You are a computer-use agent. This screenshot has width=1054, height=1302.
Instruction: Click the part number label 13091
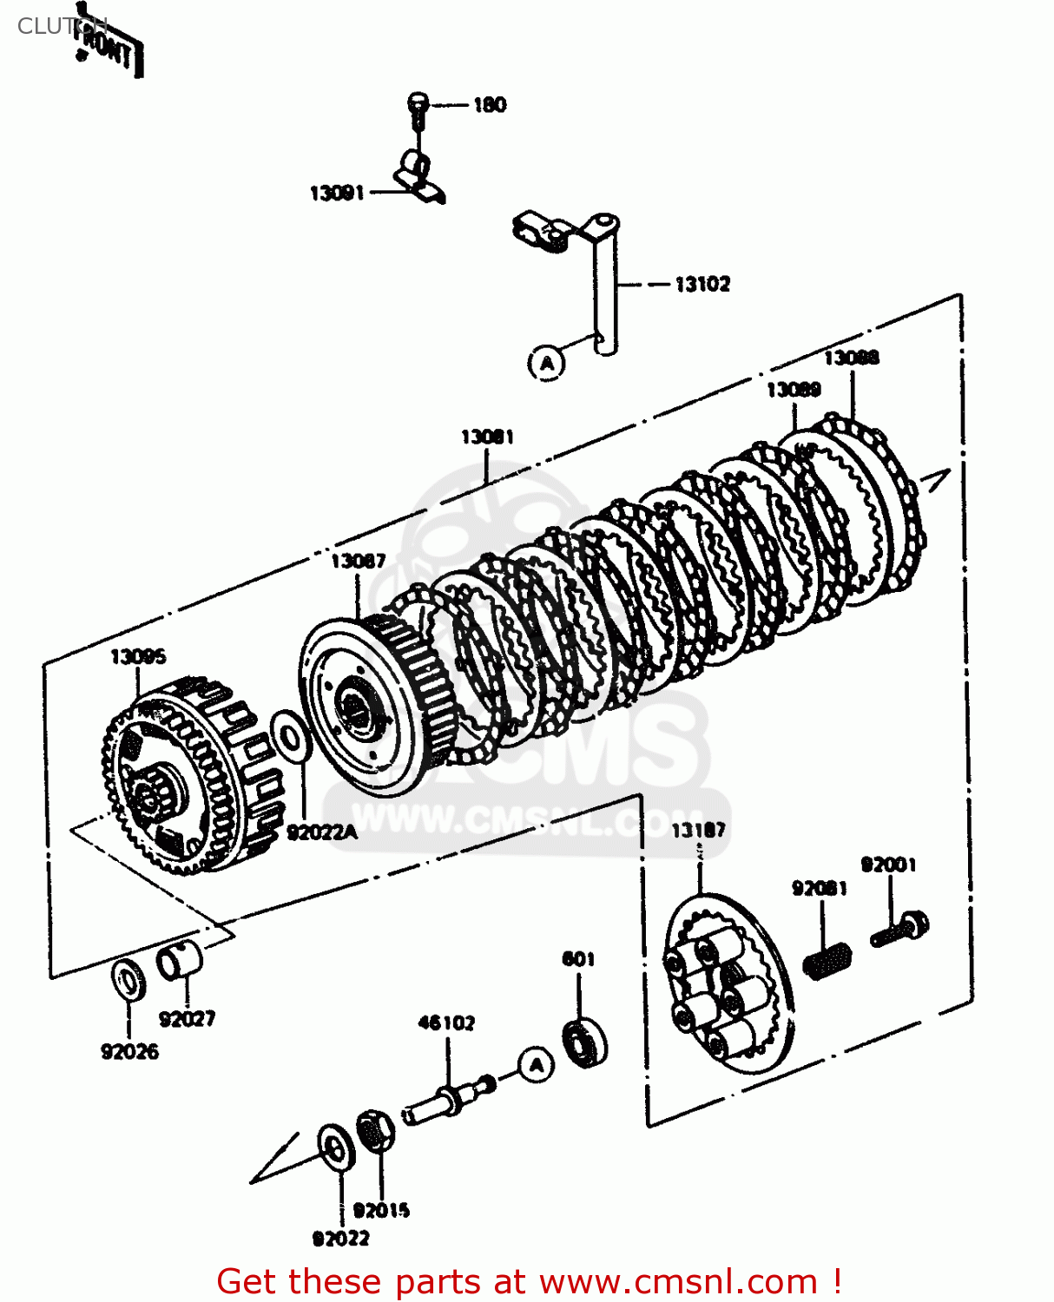(337, 193)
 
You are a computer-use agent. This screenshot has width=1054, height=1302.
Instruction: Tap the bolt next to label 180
(418, 108)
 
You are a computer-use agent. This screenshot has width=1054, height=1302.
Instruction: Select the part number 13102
(702, 284)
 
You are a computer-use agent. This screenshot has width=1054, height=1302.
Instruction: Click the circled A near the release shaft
(547, 362)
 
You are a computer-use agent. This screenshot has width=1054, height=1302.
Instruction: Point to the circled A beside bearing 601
(537, 1064)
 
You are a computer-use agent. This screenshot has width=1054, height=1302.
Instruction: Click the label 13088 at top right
(851, 358)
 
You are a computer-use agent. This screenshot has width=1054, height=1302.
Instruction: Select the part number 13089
(794, 390)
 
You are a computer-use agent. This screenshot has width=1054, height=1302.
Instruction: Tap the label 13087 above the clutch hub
(358, 562)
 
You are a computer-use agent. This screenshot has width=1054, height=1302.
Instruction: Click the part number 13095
(138, 656)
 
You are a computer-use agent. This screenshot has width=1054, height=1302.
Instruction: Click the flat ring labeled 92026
(129, 979)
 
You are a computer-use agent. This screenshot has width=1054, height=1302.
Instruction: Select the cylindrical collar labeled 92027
(180, 960)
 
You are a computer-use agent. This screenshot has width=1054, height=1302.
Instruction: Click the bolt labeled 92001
(900, 930)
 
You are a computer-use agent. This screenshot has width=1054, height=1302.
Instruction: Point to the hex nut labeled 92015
(375, 1131)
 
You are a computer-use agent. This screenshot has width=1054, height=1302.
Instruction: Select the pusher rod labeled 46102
(447, 1101)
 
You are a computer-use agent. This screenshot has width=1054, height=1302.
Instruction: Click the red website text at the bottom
(528, 1281)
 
